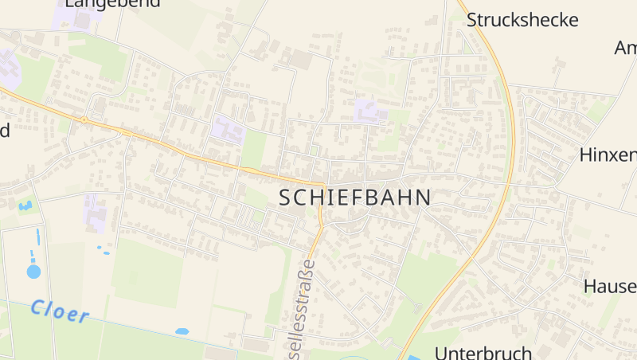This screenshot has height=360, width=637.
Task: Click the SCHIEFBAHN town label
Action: tap(355, 198)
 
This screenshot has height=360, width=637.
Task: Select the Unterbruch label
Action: tap(483, 352)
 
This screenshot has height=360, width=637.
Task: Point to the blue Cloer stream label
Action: tap(60, 311)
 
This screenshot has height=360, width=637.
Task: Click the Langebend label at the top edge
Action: tap(112, 3)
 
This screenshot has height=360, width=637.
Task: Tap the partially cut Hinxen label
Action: tap(608, 154)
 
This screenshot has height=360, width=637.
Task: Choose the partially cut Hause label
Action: tap(610, 286)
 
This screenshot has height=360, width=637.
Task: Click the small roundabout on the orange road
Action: tap(84, 119)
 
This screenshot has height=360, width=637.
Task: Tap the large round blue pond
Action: tap(33, 272)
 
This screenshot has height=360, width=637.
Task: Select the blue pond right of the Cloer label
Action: tap(182, 331)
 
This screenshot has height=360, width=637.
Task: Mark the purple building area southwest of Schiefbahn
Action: tap(94, 213)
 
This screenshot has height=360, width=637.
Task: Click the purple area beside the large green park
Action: tap(227, 130)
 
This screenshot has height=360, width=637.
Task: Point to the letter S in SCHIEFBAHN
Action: tap(286, 198)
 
